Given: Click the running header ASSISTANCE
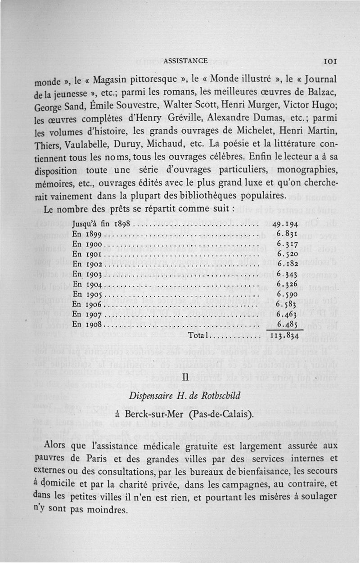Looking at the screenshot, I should pos(185,61).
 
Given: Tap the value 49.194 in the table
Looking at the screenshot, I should pos(287,224).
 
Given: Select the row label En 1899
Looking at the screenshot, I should pos(88,234).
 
